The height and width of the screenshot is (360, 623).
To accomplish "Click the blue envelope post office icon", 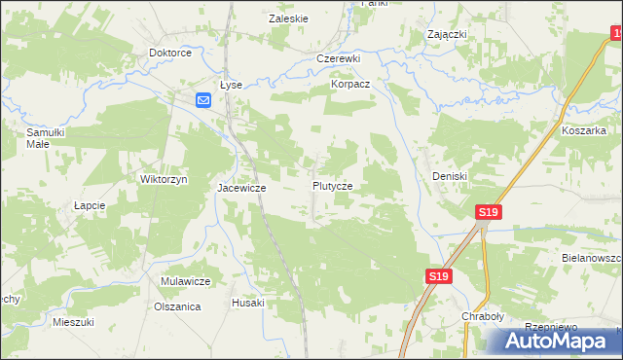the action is (x=203, y=100).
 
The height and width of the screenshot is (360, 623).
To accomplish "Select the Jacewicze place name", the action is (x=241, y=187).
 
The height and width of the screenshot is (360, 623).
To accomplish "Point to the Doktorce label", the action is (x=169, y=53).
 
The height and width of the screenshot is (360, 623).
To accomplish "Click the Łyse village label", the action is (x=231, y=85).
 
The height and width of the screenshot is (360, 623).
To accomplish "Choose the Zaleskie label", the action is (x=288, y=18).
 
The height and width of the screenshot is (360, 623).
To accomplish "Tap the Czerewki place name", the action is (x=339, y=58).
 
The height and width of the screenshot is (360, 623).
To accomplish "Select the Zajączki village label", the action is (x=448, y=34).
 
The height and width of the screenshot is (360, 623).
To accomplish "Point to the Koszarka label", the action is (x=584, y=129).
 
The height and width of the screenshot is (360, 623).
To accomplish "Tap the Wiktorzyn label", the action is (x=164, y=180).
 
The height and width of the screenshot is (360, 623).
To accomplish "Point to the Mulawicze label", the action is (x=186, y=281).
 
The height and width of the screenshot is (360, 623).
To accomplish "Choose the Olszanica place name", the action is (x=177, y=306).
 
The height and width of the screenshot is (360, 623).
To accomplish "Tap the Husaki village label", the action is (x=248, y=303).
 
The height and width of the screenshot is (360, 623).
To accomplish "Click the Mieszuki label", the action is (x=73, y=321).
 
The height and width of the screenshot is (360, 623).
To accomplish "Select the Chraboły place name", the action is (x=482, y=317).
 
